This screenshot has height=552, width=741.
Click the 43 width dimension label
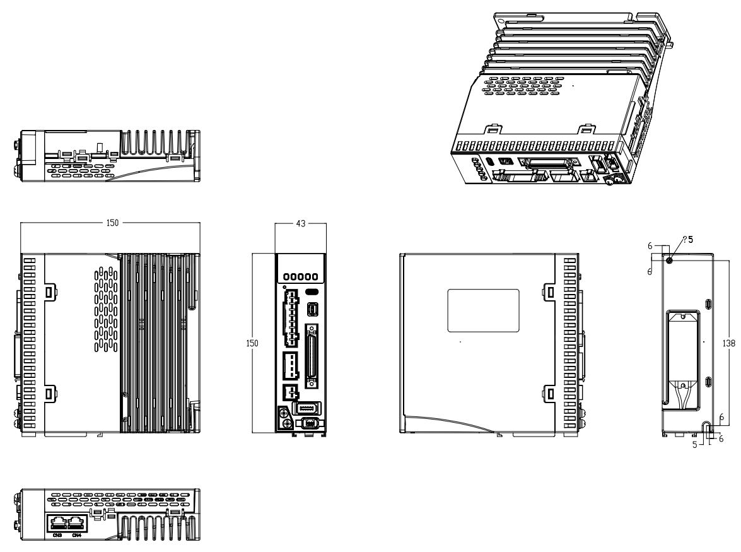[x=300, y=223]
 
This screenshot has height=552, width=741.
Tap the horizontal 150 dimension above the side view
[x=110, y=223]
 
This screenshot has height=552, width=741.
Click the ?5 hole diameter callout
[x=687, y=240]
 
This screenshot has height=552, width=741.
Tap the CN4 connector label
[x=76, y=536]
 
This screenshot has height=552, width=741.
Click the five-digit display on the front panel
[x=300, y=278]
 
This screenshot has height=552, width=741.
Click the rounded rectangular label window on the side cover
[x=483, y=310]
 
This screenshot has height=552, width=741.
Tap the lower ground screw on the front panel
[x=284, y=425]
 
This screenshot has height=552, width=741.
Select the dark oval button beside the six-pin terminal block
[x=311, y=292]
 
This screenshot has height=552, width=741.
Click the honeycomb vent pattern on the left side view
[x=106, y=309]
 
